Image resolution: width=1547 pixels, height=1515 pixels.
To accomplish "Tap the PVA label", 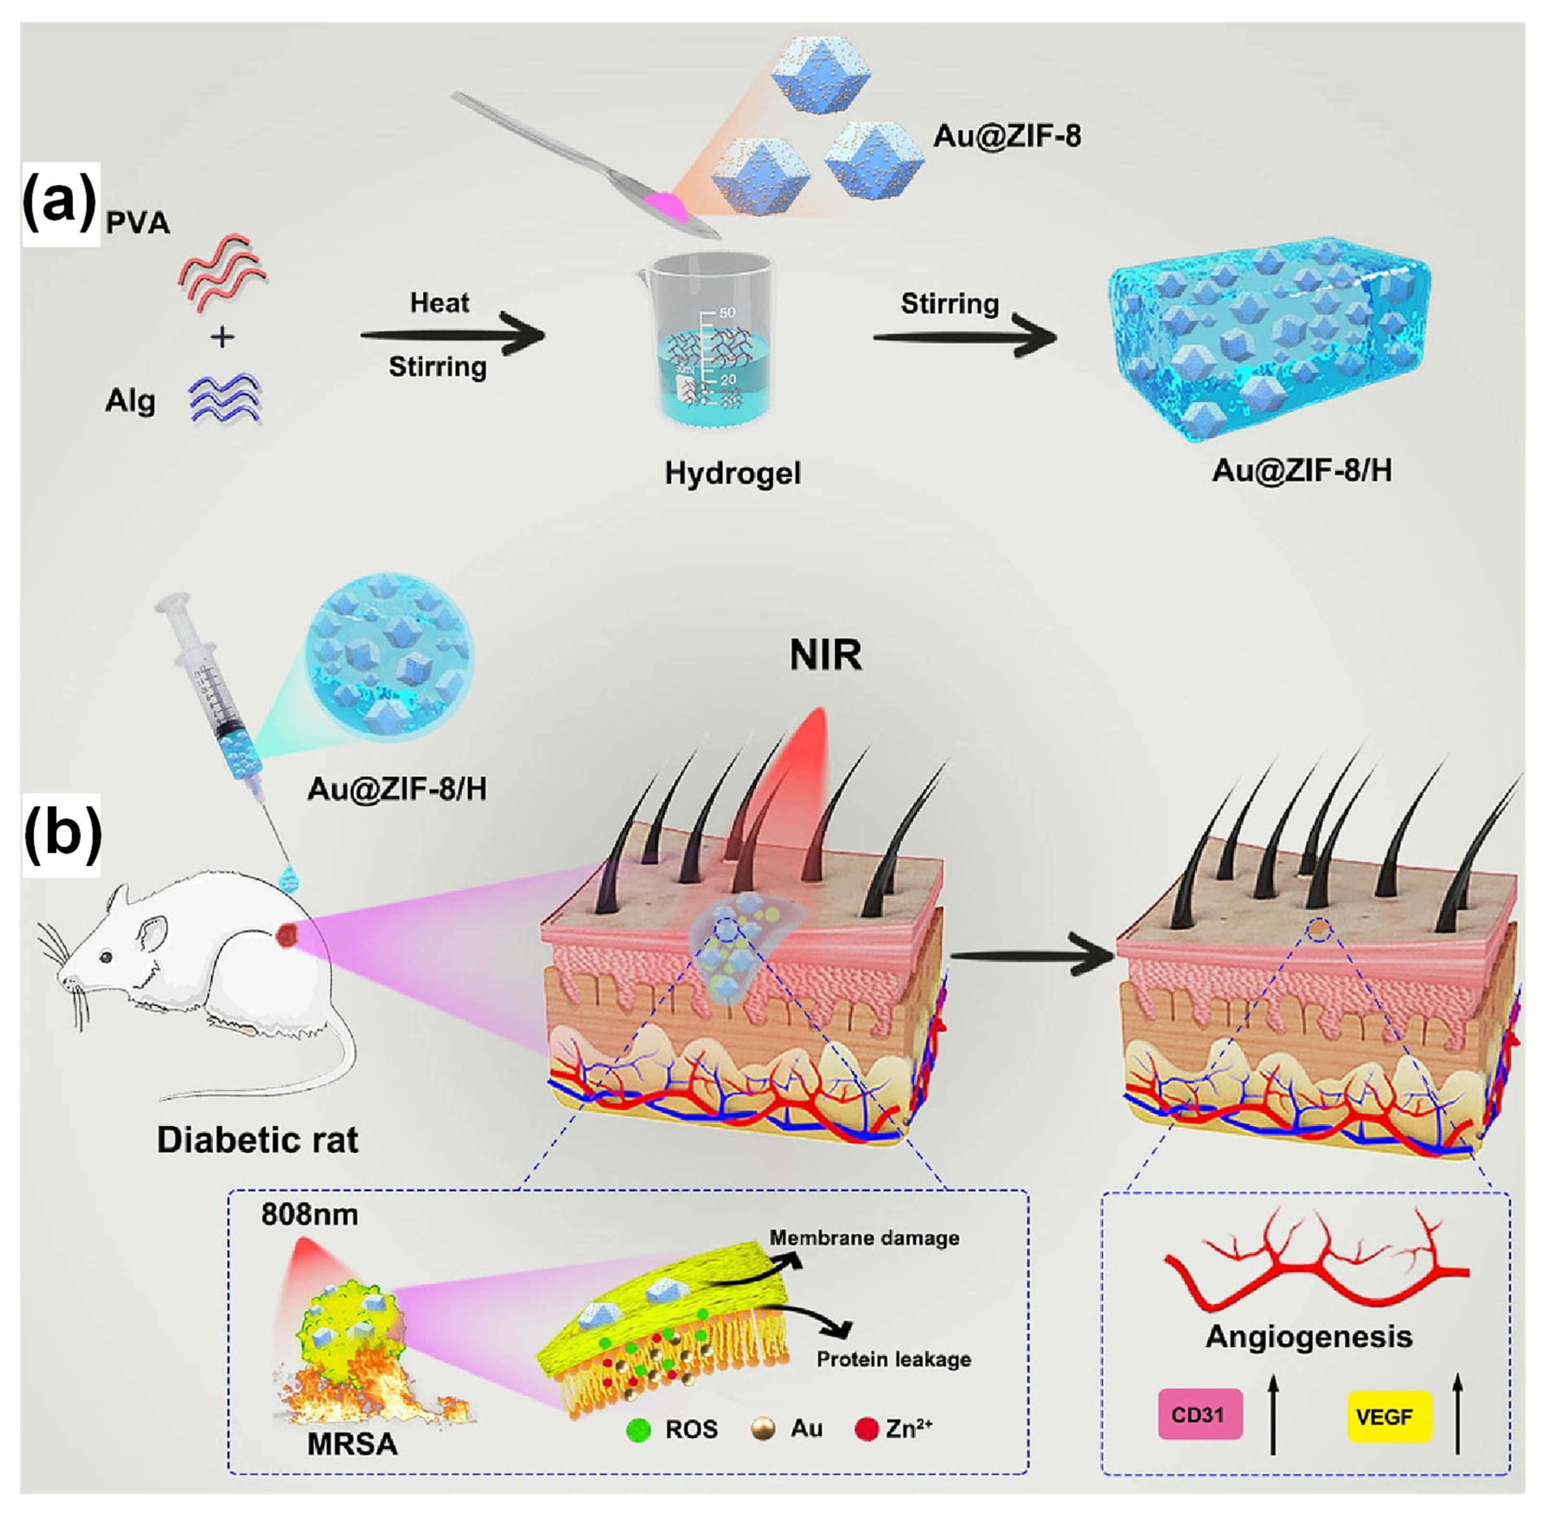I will (138, 223).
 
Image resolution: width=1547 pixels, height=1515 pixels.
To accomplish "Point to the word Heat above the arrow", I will (439, 303).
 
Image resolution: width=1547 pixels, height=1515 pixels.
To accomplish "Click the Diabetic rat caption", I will (257, 1140).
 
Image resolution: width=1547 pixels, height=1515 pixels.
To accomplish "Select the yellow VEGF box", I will (1389, 1417).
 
